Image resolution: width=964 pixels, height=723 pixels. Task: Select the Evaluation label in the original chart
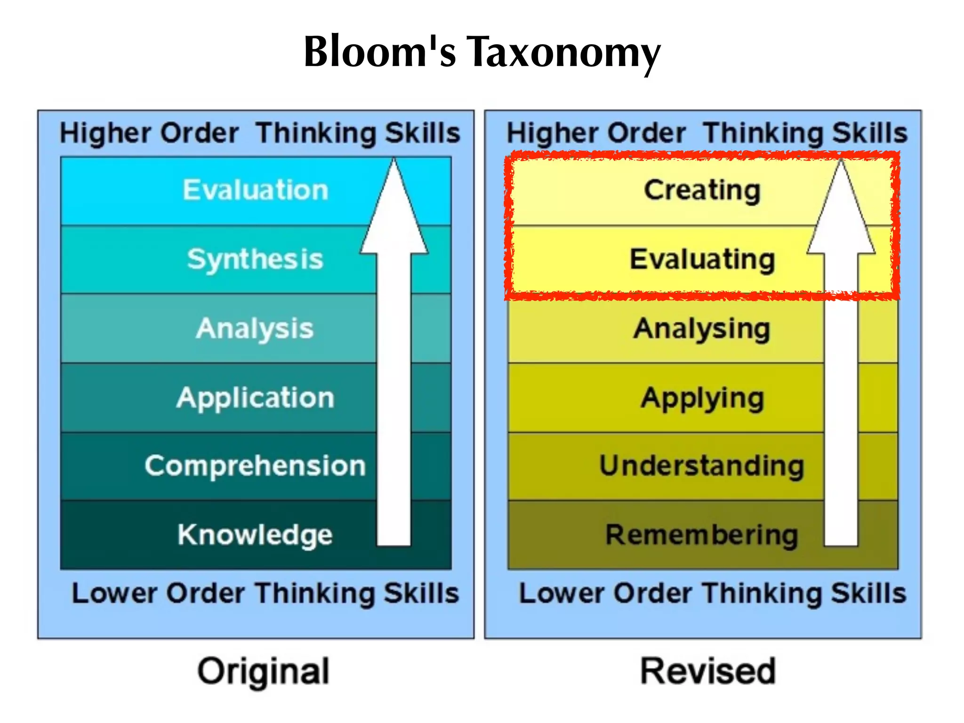[255, 190]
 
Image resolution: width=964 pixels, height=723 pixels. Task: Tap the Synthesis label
[255, 259]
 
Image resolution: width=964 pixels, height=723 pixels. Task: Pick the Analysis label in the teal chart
[255, 328]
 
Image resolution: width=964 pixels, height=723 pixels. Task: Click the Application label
[255, 398]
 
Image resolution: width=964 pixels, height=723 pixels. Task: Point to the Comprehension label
[255, 466]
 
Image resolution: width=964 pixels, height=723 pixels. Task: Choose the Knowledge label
[255, 535]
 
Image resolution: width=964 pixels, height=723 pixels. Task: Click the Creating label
[702, 191]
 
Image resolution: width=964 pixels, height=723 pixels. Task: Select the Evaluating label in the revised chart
[702, 259]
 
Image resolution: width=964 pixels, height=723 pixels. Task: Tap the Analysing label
[702, 329]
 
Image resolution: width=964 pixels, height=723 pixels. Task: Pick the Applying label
[702, 398]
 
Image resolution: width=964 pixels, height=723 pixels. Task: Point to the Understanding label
[702, 466]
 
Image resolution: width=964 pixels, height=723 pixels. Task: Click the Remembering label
[702, 535]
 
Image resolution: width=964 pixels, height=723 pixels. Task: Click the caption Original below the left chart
[263, 671]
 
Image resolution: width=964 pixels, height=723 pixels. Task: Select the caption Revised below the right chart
[707, 671]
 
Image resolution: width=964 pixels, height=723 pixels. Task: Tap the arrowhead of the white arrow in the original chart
[394, 212]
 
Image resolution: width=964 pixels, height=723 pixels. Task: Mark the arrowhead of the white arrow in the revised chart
[841, 212]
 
